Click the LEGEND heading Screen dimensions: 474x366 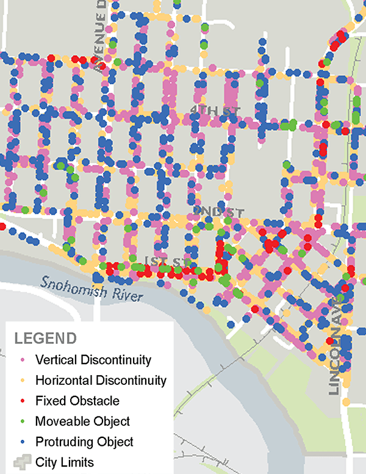point(45,338)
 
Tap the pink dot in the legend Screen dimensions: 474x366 point(23,360)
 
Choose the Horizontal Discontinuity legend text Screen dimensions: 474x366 point(101,380)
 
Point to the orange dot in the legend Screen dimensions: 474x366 point(23,381)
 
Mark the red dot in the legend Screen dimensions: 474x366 point(23,401)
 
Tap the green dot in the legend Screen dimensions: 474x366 point(23,421)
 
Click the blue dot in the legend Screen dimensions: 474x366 point(23,442)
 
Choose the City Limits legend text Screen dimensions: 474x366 point(65,462)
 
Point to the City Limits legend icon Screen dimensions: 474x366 point(21,462)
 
